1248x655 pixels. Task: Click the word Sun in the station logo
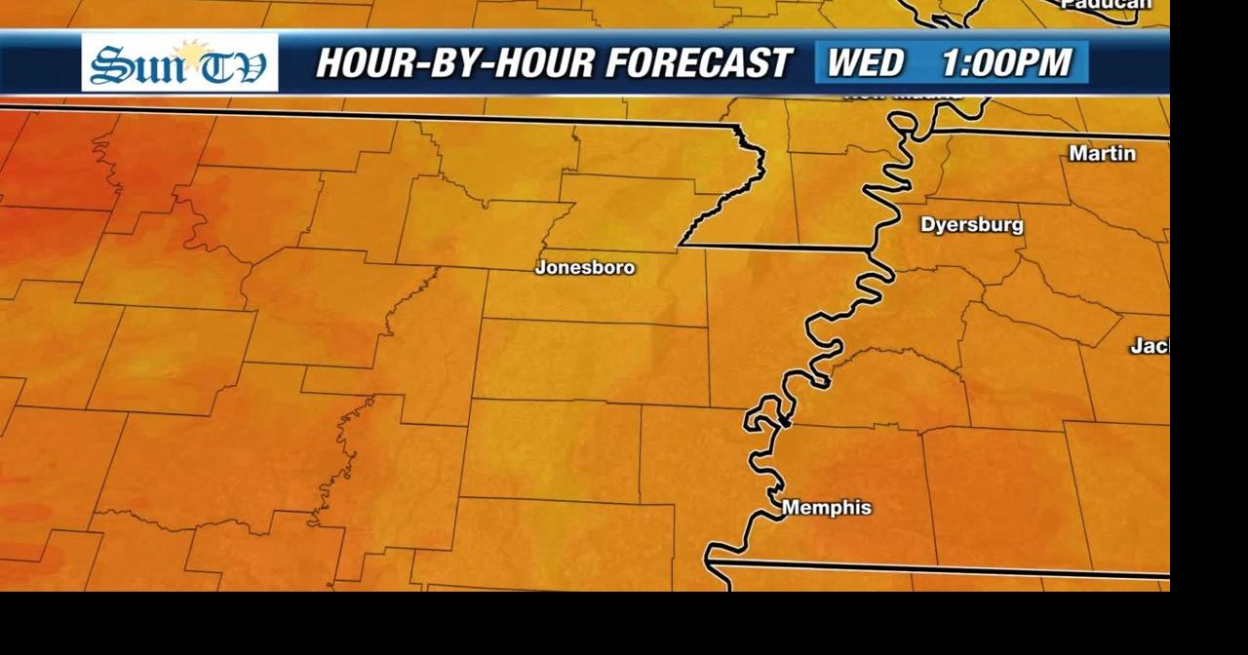point(130,65)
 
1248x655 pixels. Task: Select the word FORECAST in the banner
point(697,63)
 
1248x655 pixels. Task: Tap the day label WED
point(866,63)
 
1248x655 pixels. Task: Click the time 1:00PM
point(1006,63)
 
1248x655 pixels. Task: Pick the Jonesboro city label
point(585,267)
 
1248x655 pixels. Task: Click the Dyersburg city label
point(972,225)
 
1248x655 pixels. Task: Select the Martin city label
point(1102,154)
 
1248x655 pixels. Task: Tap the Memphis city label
point(827,508)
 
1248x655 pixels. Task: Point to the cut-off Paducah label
point(1106,5)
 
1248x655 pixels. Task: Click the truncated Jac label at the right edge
point(1150,346)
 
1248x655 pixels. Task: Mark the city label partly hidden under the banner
point(902,96)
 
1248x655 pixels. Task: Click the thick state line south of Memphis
point(936,567)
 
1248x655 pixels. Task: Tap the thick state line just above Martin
point(1053,133)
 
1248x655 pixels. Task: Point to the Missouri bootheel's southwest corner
point(680,244)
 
